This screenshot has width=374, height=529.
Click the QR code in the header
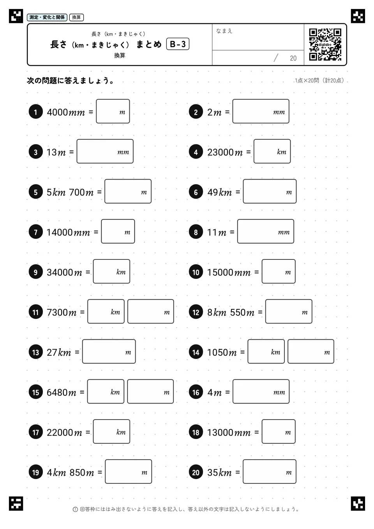click(325, 45)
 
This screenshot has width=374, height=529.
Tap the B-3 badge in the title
click(178, 44)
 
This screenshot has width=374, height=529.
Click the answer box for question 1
click(113, 111)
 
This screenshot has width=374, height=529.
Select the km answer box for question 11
click(106, 311)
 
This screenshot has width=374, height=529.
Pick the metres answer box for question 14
click(311, 351)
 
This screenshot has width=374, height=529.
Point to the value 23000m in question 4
click(225, 152)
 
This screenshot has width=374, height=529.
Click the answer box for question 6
click(270, 191)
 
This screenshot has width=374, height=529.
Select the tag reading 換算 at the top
click(76, 17)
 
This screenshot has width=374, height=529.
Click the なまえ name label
click(224, 31)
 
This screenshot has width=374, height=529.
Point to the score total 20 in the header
click(293, 58)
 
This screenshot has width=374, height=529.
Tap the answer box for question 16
click(261, 391)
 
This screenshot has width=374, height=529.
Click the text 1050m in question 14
click(222, 353)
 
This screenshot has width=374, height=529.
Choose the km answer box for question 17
click(111, 432)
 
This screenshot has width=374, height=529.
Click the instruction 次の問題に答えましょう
click(71, 81)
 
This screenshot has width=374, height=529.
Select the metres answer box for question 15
click(150, 391)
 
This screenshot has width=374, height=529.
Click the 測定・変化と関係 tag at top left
click(47, 17)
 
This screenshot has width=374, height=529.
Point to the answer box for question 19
click(129, 471)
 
